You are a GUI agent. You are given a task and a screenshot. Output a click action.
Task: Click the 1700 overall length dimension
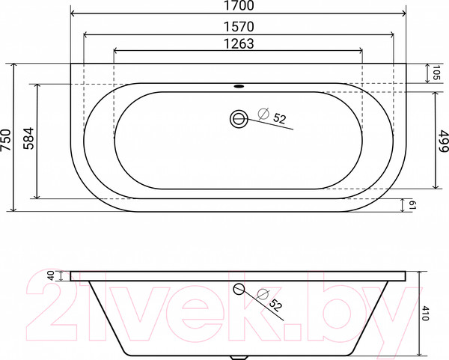tap(238, 7)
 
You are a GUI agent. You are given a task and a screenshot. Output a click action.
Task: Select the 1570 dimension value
tap(238, 25)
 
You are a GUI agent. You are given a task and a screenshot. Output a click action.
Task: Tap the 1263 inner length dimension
tap(238, 43)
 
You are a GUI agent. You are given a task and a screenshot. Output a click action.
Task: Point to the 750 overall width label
tap(7, 138)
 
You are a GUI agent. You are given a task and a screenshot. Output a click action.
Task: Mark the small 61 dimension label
tap(412, 206)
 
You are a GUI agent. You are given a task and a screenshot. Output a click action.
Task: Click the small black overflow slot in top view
tap(239, 85)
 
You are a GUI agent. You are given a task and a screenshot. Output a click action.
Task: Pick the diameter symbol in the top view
tap(263, 114)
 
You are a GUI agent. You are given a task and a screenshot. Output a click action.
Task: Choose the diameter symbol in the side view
tap(261, 293)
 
